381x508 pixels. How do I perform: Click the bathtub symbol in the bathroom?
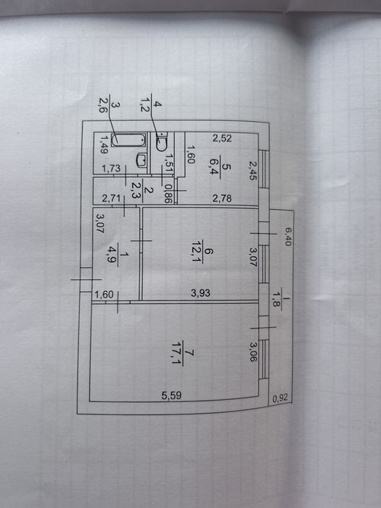tap(128, 140)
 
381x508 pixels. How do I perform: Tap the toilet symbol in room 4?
tap(161, 142)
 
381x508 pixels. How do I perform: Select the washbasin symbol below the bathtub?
tap(142, 160)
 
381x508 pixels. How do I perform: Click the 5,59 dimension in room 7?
tap(171, 396)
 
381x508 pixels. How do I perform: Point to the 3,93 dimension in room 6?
tap(200, 293)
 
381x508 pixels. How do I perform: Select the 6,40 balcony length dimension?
tap(288, 237)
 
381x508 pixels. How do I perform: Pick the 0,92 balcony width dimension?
tap(280, 398)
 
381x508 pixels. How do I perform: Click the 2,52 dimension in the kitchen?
tap(222, 139)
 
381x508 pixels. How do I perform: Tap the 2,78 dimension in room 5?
tap(222, 198)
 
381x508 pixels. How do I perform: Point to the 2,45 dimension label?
tap(253, 171)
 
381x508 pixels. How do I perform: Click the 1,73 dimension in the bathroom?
tap(111, 168)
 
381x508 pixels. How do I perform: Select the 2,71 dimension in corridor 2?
tap(111, 198)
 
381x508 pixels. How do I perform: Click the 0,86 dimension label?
tap(168, 194)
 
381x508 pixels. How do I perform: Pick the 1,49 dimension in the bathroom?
tap(104, 144)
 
